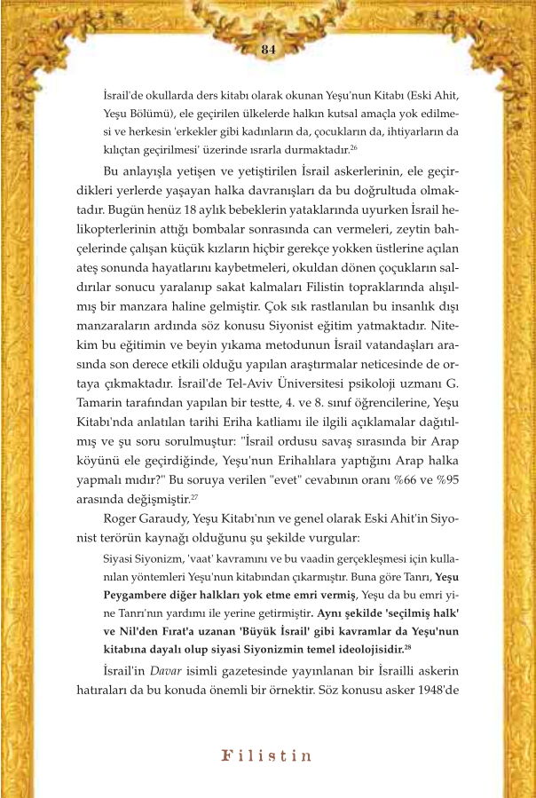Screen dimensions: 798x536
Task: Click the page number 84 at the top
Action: pyautogui.click(x=268, y=50)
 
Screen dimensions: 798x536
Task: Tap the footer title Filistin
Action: pyautogui.click(x=266, y=756)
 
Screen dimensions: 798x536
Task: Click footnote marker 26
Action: pyautogui.click(x=353, y=147)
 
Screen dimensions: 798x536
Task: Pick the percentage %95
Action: pyautogui.click(x=444, y=479)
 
